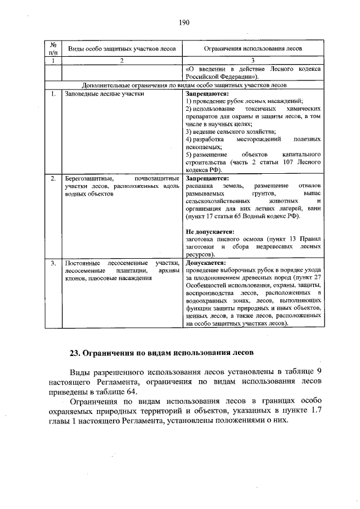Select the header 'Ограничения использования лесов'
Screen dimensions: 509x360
point(252,49)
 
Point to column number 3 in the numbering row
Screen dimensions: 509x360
point(252,60)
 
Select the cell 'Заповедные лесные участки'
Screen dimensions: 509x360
point(104,93)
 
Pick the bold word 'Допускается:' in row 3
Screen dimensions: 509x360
point(206,263)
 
